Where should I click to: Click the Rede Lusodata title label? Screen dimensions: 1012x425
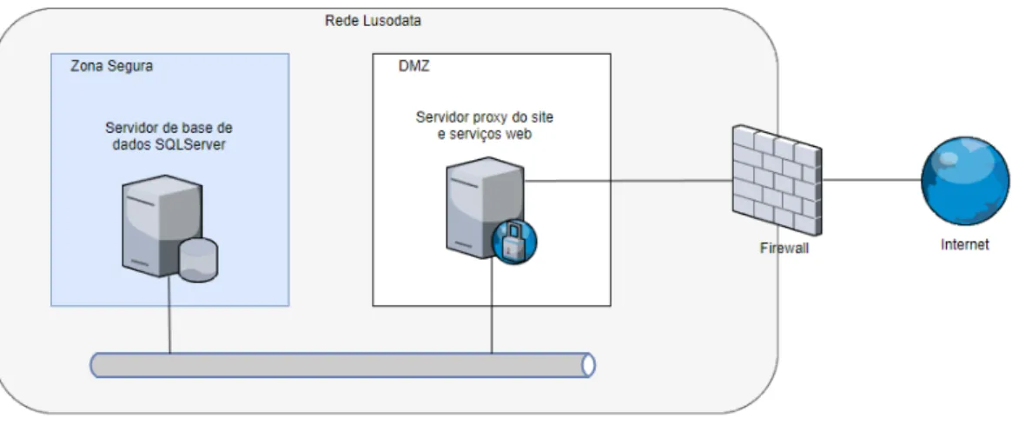tap(373, 21)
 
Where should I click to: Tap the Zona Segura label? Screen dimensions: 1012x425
tap(112, 66)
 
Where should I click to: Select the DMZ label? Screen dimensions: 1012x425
tap(413, 66)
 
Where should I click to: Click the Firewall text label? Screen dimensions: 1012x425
tap(784, 249)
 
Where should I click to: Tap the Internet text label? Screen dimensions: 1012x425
tap(965, 245)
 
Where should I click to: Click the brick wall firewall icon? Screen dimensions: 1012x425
tap(777, 180)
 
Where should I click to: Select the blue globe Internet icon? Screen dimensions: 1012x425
tap(965, 181)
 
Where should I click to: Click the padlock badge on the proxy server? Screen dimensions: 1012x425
tap(514, 242)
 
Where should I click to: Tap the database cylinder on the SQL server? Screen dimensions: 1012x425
tap(198, 260)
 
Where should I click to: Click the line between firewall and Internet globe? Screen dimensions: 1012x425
tap(871, 181)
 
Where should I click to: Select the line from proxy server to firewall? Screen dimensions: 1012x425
tap(628, 181)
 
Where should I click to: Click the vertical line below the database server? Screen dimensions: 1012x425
tap(169, 315)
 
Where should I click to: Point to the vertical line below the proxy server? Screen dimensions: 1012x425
tap(492, 307)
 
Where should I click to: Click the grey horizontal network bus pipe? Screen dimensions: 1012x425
tap(342, 366)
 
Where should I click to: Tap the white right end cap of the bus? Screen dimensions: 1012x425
tap(588, 366)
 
